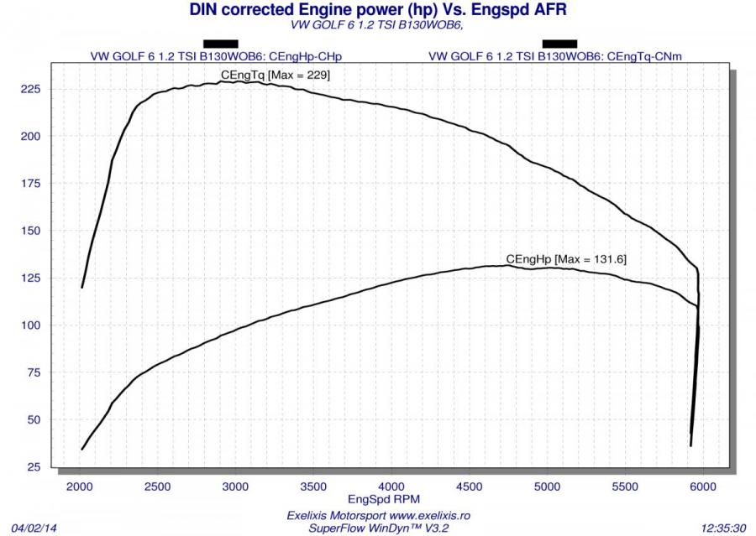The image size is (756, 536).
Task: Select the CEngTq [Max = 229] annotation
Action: pos(276,75)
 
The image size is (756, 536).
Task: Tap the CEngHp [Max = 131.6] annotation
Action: pos(566,258)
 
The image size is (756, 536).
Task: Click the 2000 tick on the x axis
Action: pos(81,487)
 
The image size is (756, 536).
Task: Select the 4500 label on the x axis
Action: pos(470,487)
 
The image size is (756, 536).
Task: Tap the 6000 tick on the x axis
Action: pos(704,487)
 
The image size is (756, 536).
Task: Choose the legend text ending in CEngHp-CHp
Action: pos(221,57)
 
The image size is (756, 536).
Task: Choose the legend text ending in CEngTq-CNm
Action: pos(559,57)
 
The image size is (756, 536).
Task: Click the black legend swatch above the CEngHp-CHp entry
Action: pos(221,44)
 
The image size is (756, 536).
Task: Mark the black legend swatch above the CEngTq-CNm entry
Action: pos(559,44)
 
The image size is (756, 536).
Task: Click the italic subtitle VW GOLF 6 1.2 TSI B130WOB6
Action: pos(375,25)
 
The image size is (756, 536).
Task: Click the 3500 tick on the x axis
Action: pos(313,487)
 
